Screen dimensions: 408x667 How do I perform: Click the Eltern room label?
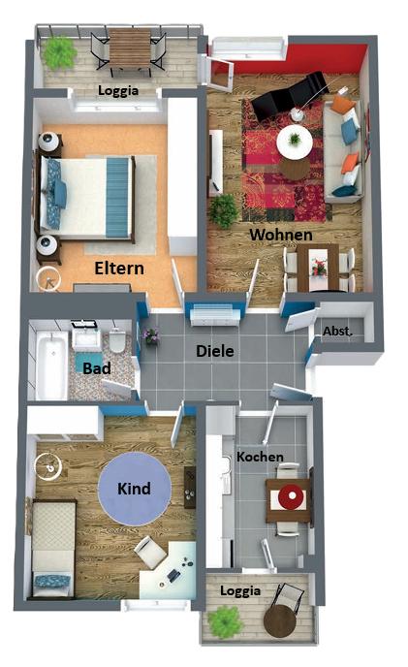coord(119,269)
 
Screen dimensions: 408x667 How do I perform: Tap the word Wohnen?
coord(281,235)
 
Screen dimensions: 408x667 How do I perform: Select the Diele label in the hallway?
coord(215,351)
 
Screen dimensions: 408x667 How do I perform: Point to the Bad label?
coord(97,368)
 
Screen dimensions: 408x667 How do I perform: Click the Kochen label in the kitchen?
coord(260,457)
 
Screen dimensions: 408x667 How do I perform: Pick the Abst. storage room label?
coord(338,331)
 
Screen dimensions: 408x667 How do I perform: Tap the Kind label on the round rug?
coord(134,489)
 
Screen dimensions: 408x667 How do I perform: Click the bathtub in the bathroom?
coord(51,365)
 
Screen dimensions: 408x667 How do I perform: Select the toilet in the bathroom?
coord(117,340)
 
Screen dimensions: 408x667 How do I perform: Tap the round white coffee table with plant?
coord(295,142)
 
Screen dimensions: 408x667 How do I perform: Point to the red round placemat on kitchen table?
coord(292,496)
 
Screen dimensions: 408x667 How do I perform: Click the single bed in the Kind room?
coord(54,549)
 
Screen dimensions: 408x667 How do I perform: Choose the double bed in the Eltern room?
coord(87,197)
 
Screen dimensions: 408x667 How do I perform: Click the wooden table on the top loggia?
coord(130,48)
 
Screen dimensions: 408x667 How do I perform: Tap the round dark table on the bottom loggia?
coord(280,620)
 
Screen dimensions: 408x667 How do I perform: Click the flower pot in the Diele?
coord(151,336)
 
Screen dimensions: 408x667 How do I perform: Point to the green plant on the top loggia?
coord(59,52)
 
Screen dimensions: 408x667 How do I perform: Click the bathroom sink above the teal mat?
coord(87,336)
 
